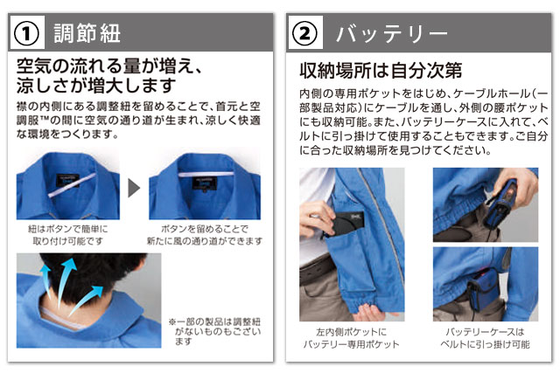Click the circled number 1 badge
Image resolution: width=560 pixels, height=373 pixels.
click(26, 33)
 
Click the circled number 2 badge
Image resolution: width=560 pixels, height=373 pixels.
click(304, 33)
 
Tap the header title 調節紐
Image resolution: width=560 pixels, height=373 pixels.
click(87, 33)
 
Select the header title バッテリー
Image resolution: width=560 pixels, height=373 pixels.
click(391, 34)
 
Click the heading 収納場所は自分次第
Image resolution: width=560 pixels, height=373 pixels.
click(381, 70)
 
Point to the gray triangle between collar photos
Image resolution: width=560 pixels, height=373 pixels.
click(134, 188)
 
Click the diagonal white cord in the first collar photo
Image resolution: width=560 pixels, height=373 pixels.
click(72, 185)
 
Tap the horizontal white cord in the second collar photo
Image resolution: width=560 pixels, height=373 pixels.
click(206, 175)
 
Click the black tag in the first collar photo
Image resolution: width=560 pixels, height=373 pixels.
click(67, 181)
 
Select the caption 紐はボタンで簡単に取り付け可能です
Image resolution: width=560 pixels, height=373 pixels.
click(68, 235)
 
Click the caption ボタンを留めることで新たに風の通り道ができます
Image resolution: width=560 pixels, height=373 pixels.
click(205, 235)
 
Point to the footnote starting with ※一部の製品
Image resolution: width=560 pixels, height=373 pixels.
click(215, 332)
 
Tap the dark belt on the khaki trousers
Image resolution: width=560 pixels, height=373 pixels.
click(317, 270)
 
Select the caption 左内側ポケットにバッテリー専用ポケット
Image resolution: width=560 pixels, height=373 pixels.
click(352, 338)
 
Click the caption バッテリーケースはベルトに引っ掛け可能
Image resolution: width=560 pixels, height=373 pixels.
click(485, 338)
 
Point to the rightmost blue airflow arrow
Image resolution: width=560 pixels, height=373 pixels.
click(87, 300)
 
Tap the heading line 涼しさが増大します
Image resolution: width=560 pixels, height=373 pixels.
click(96, 86)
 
